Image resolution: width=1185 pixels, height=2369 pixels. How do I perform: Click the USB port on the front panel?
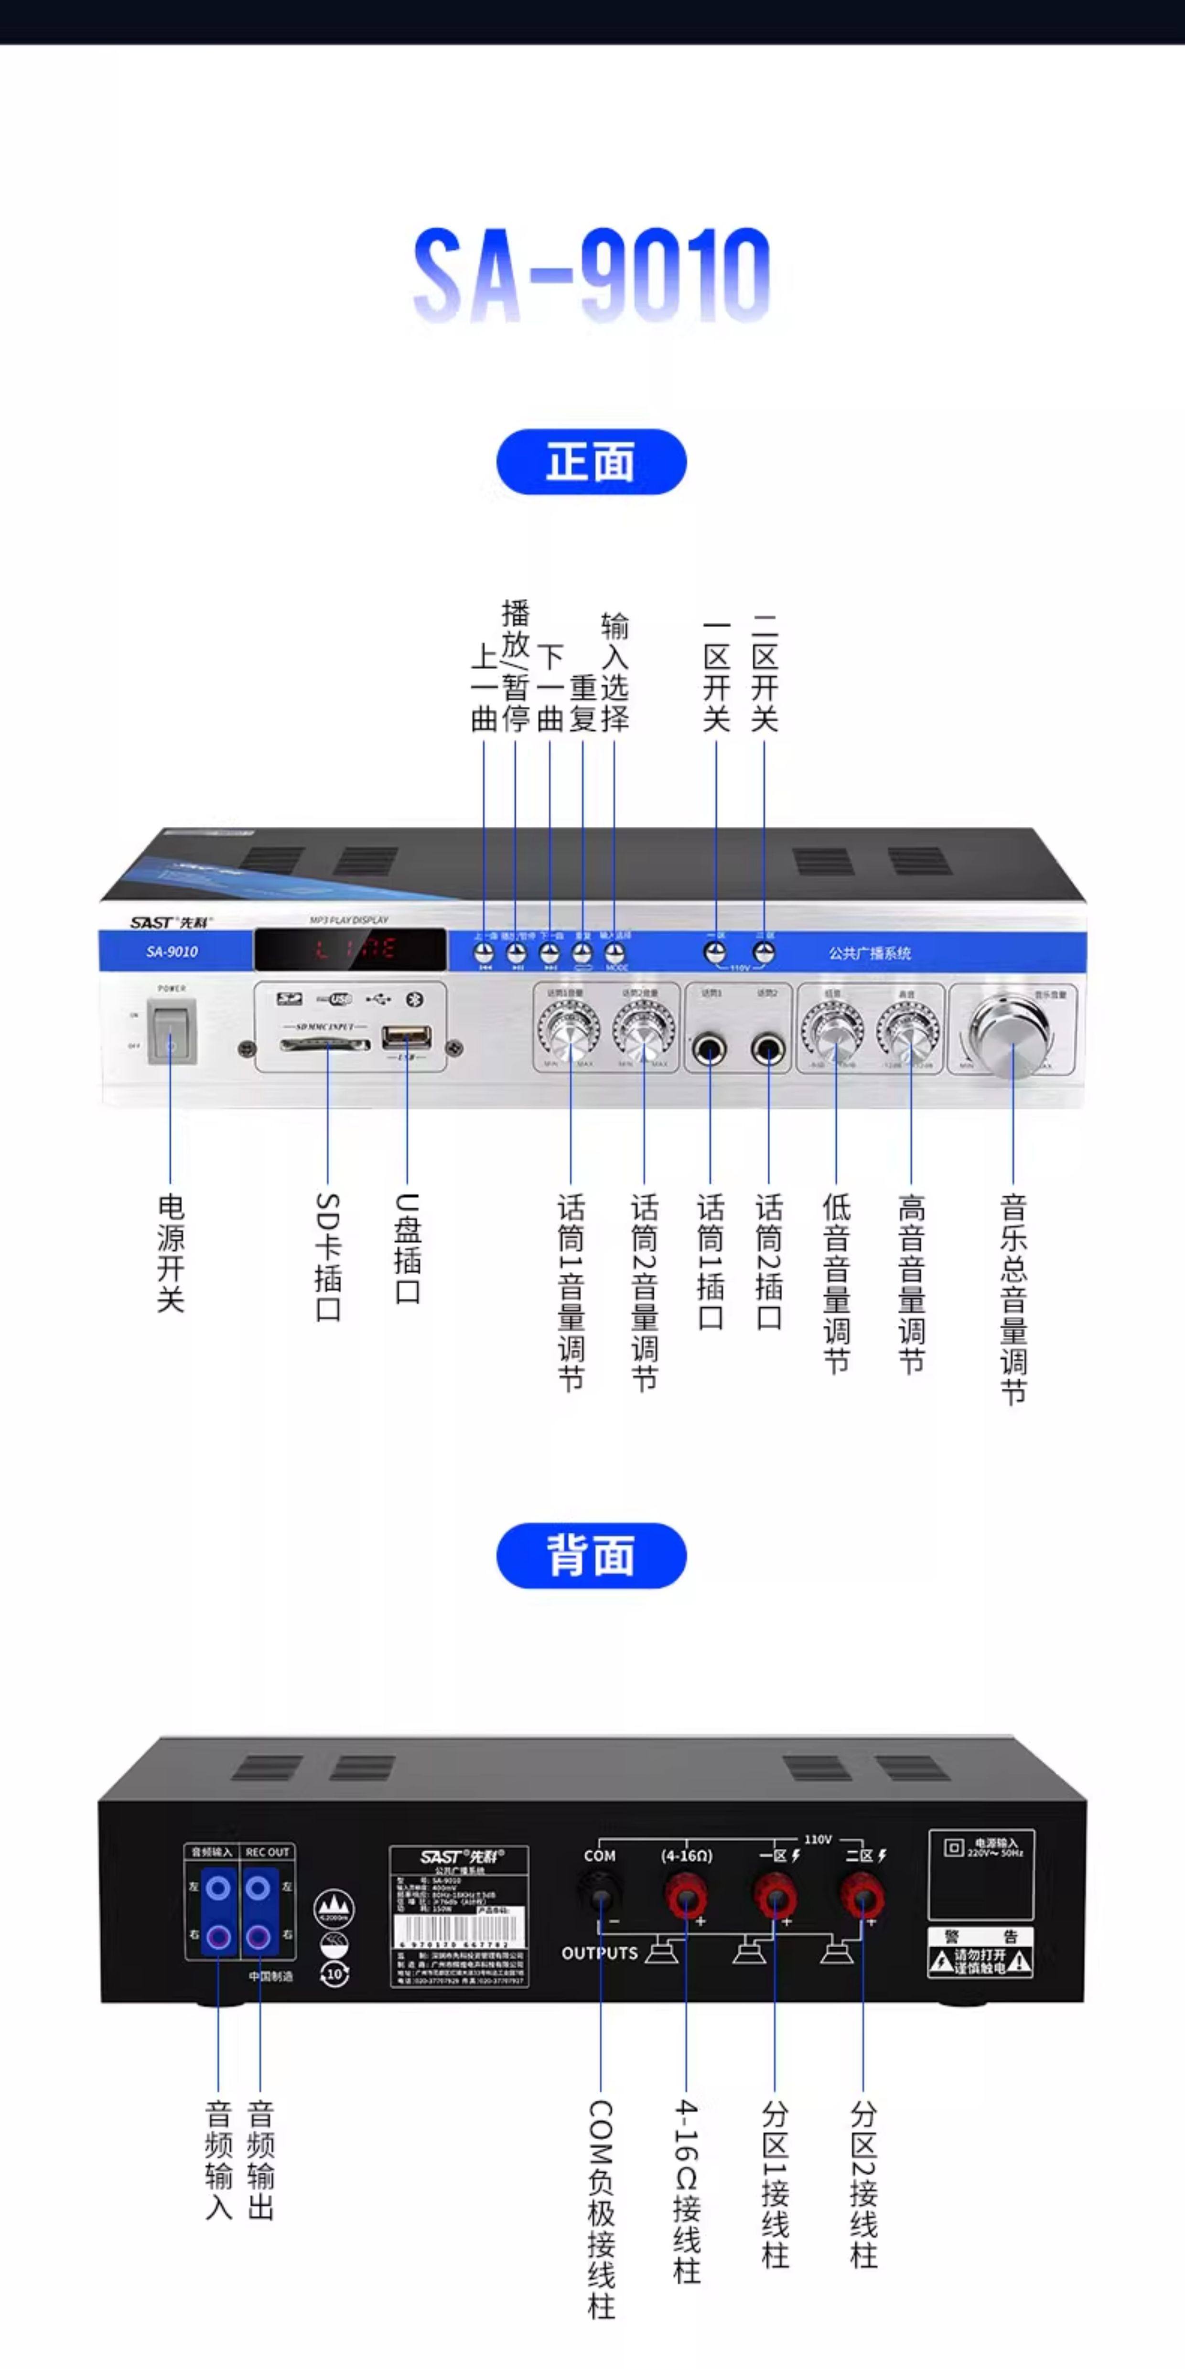[x=407, y=1039]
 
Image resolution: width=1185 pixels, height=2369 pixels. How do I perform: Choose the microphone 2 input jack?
[x=767, y=1048]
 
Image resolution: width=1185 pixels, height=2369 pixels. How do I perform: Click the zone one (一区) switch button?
[x=715, y=953]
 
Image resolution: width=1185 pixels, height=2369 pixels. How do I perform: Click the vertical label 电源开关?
[x=171, y=1252]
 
